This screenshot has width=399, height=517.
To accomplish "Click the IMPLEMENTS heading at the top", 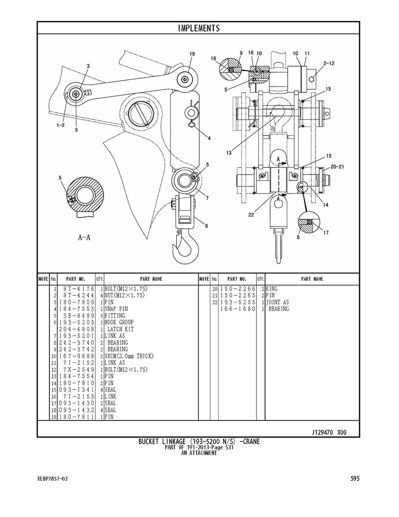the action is pyautogui.click(x=199, y=28).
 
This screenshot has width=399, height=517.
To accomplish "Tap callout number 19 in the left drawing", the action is pyautogui.click(x=192, y=54).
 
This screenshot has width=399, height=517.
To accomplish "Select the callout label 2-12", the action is pyautogui.click(x=329, y=63).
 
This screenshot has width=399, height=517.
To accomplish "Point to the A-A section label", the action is pyautogui.click(x=84, y=237).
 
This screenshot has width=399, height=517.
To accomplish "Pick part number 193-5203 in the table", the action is pyautogui.click(x=76, y=322).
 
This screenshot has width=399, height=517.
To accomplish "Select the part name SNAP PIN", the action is pyautogui.click(x=116, y=309).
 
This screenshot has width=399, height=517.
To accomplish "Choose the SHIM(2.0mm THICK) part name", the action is pyautogui.click(x=129, y=356).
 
